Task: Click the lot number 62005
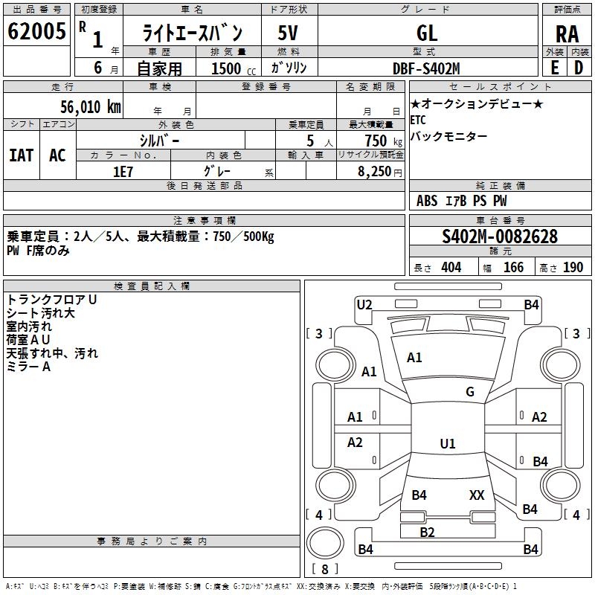[36, 31]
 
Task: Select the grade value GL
[427, 33]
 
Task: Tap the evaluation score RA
[567, 34]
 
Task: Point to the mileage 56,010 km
[91, 106]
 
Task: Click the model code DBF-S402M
[426, 68]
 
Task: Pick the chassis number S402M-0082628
[500, 237]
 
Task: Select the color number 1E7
[123, 172]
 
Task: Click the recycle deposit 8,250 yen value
[380, 172]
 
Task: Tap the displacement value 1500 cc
[234, 68]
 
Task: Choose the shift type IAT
[22, 155]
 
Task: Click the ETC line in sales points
[418, 120]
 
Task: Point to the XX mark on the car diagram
[477, 495]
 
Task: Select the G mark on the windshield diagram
[470, 392]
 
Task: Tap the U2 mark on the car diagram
[364, 305]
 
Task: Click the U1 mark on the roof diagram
[448, 443]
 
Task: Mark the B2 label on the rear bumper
[427, 532]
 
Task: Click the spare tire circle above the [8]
[325, 543]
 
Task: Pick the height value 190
[573, 268]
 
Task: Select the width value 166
[513, 268]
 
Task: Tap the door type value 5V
[288, 33]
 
